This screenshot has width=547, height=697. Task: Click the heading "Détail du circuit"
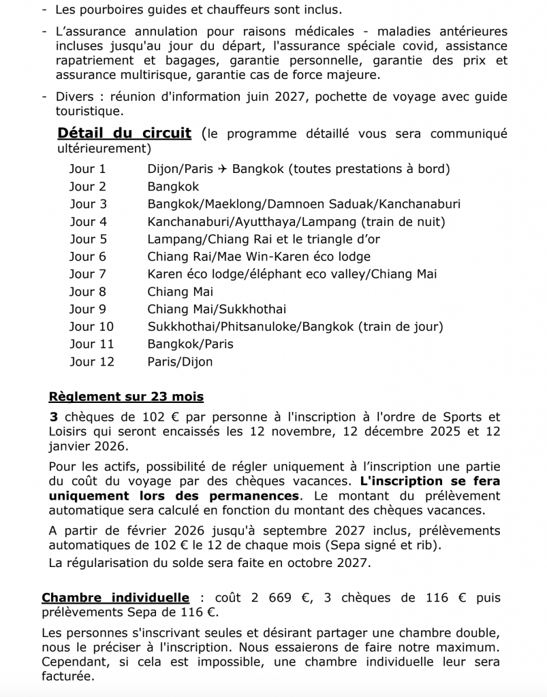tap(125, 133)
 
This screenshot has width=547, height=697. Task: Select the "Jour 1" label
tap(88, 169)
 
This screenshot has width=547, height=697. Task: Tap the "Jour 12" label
tap(92, 361)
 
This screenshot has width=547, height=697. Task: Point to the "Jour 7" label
tap(88, 274)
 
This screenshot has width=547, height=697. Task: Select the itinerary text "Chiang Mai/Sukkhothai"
tap(217, 309)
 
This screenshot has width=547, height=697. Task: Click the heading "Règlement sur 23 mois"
tap(126, 397)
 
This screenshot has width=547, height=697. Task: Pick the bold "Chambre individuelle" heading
tap(115, 598)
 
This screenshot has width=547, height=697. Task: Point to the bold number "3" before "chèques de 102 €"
tap(53, 417)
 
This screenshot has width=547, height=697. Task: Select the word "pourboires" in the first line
tap(112, 10)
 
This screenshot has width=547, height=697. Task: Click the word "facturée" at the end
tap(67, 677)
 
